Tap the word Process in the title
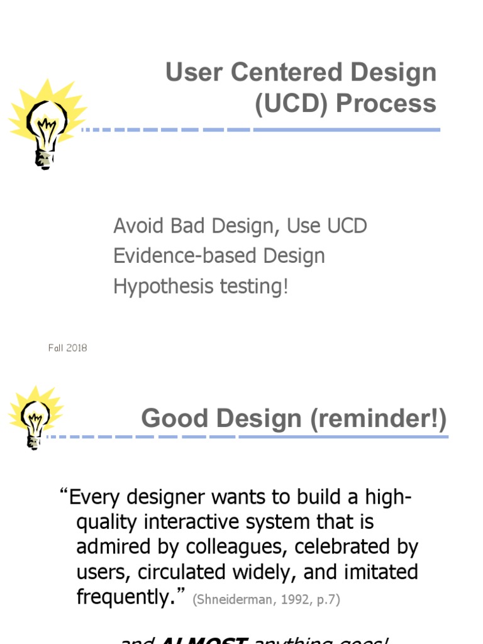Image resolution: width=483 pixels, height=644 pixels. tap(386, 104)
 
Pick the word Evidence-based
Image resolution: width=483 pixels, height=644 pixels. tap(186, 257)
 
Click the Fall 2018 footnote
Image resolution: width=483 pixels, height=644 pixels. tap(67, 348)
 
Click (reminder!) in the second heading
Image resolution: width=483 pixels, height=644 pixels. tap(378, 419)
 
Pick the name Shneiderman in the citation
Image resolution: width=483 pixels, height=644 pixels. tap(236, 600)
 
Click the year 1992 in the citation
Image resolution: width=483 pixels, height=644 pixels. tap(294, 600)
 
